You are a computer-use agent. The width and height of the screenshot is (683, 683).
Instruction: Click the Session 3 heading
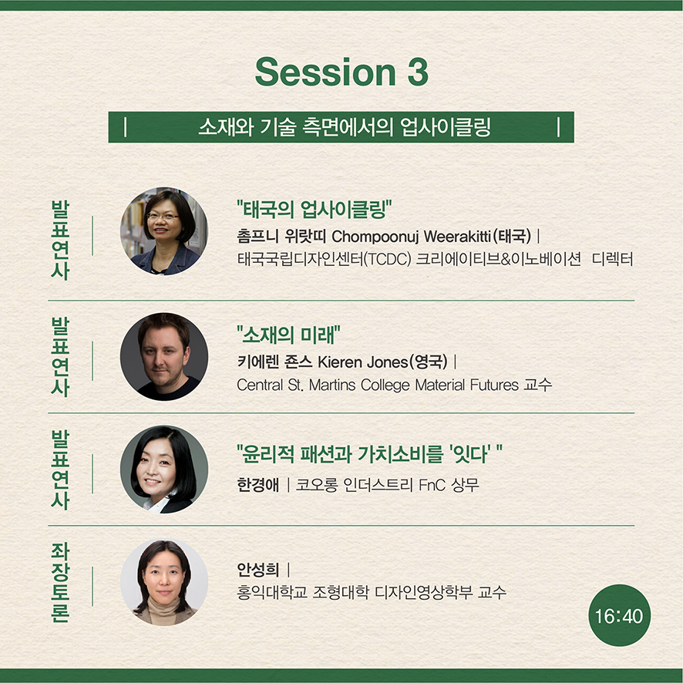(x=341, y=72)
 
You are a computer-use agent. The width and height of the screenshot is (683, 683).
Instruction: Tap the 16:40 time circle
(x=619, y=615)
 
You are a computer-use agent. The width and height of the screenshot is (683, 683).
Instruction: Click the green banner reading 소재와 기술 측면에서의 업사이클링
(x=341, y=127)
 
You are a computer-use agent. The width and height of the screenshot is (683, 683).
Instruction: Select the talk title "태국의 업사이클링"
(x=314, y=210)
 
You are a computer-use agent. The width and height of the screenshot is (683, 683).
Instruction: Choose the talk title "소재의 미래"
(x=288, y=335)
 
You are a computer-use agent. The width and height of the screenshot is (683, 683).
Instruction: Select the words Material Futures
(x=467, y=385)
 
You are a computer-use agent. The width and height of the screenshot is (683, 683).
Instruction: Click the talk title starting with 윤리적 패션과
(x=369, y=454)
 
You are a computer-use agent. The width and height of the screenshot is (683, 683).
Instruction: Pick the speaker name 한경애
(x=258, y=485)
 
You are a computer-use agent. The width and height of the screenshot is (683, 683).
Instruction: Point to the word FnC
(x=432, y=485)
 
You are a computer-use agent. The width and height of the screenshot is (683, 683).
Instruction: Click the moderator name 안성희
(x=258, y=569)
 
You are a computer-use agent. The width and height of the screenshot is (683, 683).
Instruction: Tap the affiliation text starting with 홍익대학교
(x=372, y=592)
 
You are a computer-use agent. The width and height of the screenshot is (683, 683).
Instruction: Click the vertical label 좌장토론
(x=60, y=582)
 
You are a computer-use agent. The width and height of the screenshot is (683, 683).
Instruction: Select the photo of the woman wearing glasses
(x=163, y=231)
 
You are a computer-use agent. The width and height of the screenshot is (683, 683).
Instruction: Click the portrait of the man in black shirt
(x=163, y=357)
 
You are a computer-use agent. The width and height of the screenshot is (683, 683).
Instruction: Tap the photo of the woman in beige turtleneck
(x=163, y=582)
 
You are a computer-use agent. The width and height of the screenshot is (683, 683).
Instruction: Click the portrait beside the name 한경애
(x=163, y=469)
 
